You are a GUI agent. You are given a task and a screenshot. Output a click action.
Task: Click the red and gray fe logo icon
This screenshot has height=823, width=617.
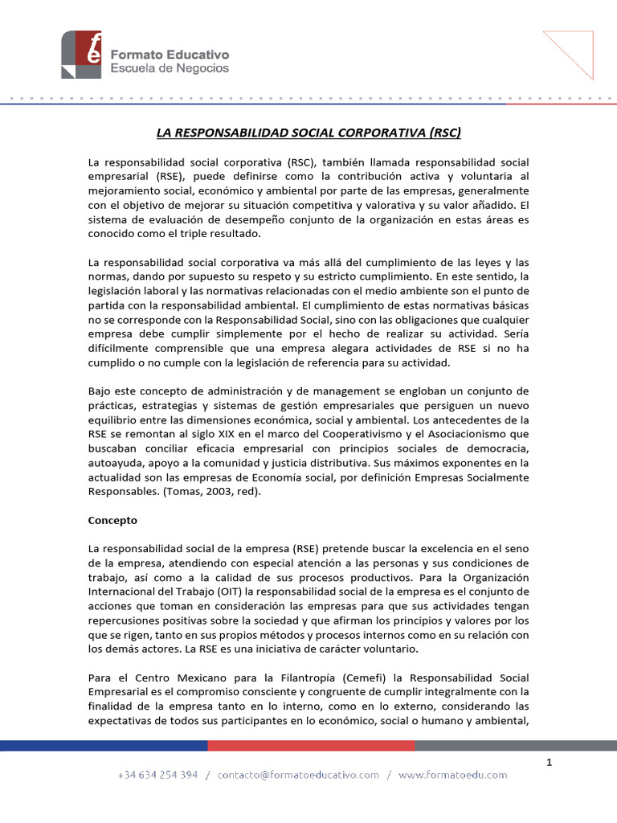coord(81,54)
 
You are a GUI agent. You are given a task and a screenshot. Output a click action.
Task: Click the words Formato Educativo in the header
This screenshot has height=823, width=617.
coord(169,54)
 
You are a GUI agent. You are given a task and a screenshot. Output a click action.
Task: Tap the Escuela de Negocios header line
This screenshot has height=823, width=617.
coord(169,68)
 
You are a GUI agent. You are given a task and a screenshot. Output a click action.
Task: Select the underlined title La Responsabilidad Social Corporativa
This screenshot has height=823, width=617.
coord(308,132)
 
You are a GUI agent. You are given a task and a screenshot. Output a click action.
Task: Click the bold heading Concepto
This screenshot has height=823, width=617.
coord(112,520)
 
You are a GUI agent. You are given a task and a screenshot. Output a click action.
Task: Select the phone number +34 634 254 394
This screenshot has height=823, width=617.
coord(157,775)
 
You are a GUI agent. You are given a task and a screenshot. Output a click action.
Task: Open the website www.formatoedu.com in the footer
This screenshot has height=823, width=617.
coord(452,775)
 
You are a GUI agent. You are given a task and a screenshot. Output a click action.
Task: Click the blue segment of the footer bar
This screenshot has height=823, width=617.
coord(104,745)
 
